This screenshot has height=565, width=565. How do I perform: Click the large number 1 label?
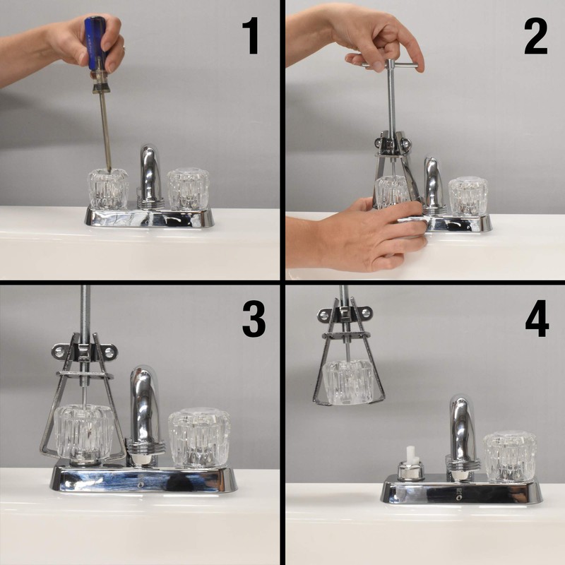(251, 35)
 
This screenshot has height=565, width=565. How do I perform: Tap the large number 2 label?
(536, 36)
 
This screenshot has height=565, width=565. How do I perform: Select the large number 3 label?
(254, 319)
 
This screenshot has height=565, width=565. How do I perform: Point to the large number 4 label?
(537, 319)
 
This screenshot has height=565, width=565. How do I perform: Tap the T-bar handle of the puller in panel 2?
(391, 66)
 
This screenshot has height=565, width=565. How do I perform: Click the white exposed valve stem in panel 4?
(411, 454)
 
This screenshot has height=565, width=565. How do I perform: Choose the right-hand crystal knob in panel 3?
(199, 437)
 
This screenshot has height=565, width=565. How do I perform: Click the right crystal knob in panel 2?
(468, 197)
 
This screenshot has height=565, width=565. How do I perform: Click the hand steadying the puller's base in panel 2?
(357, 234)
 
